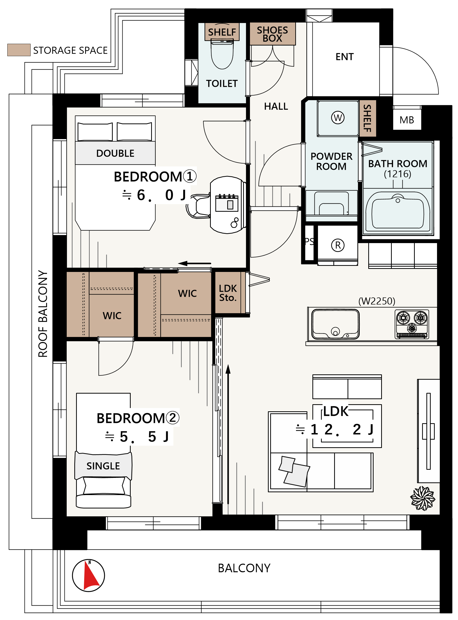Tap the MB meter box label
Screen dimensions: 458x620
coord(407,120)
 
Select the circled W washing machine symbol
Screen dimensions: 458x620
coord(338,117)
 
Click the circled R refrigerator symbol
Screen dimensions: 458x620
coord(338,245)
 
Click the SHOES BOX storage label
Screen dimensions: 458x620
coord(272,34)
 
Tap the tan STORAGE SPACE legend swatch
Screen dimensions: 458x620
coord(19,50)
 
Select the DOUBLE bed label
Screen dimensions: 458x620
coord(115,153)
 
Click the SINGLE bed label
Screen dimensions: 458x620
coord(103,466)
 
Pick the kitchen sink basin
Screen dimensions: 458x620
coord(335,324)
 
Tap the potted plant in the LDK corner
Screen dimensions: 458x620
coord(423,498)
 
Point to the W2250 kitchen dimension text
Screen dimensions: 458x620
coord(377,301)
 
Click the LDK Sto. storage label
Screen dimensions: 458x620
coord(228,293)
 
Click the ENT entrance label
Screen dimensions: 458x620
coord(345,57)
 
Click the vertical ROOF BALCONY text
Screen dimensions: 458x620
coord(43,313)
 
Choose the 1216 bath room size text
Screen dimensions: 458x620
coord(397,174)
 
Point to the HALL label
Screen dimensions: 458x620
coord(276,106)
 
